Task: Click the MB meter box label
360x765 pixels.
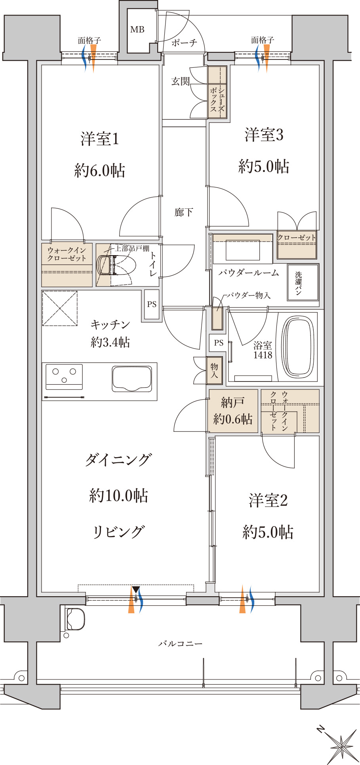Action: click(x=137, y=29)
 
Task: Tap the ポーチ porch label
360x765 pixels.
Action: click(x=184, y=43)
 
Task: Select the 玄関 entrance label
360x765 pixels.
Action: click(x=180, y=82)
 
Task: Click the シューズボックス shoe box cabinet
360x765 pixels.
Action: click(x=217, y=92)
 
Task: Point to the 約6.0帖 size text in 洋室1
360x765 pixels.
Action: click(x=100, y=170)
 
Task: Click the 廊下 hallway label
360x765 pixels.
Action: click(x=184, y=212)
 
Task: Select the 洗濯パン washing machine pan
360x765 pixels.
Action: click(x=303, y=282)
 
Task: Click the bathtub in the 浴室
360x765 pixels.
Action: click(x=299, y=347)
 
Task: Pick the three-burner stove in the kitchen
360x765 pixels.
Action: click(x=64, y=376)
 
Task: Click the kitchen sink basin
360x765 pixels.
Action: click(x=132, y=379)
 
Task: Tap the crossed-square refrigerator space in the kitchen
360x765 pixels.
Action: click(x=60, y=309)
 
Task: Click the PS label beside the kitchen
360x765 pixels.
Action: click(x=152, y=304)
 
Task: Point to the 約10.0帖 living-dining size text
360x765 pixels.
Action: click(x=118, y=495)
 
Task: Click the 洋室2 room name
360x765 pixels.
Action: click(x=268, y=500)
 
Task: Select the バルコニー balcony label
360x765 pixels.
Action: click(x=180, y=643)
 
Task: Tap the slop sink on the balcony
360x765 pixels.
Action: click(x=75, y=619)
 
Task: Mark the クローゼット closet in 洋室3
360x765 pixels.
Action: click(x=297, y=245)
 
